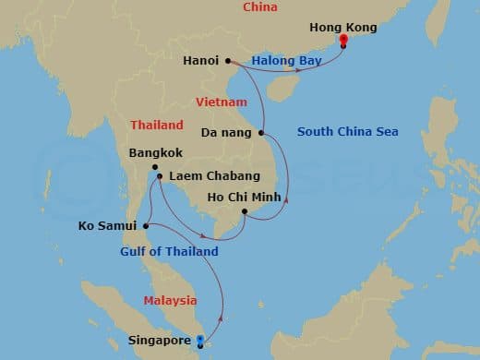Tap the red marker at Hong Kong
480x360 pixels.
[x=343, y=42]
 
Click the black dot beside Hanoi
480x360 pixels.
[x=226, y=61]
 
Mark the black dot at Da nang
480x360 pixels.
[x=262, y=133]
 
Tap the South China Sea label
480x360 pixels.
[x=347, y=132]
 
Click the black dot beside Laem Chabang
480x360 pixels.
[x=159, y=176]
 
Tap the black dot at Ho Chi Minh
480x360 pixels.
[x=245, y=212]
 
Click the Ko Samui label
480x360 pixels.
[x=108, y=224]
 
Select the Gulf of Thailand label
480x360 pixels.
[x=169, y=251]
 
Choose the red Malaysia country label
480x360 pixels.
[x=170, y=300]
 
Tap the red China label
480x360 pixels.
[x=260, y=7]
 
